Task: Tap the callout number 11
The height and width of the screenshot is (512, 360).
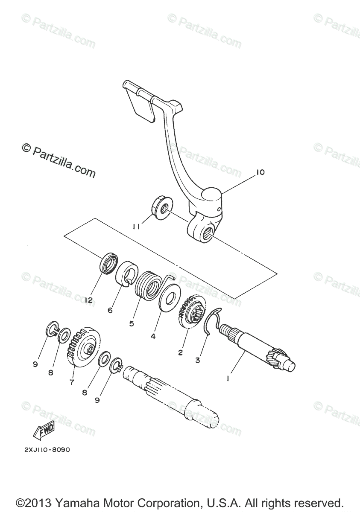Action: pos(136,227)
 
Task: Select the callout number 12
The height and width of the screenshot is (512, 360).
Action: pos(88,300)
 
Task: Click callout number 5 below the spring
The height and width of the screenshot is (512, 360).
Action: pos(131,323)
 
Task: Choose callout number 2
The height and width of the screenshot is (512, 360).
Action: pos(181,352)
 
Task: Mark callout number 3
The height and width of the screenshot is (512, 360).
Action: pos(197,360)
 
